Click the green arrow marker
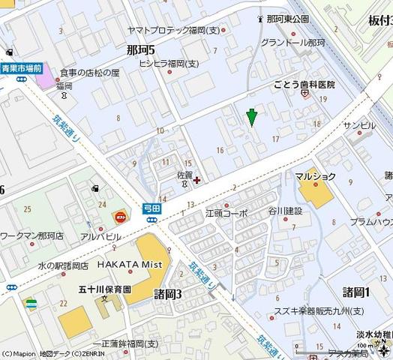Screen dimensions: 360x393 252,118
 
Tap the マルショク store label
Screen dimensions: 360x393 315,176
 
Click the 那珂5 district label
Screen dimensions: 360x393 140,49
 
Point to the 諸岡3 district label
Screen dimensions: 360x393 167,293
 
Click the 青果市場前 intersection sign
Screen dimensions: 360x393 20,68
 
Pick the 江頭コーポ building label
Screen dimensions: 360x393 226,213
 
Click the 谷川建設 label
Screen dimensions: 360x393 285,211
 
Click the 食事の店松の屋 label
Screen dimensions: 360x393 89,73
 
